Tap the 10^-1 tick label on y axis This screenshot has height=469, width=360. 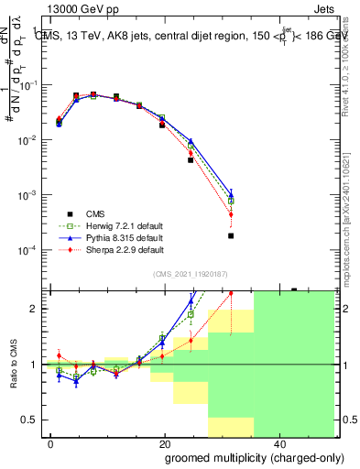[27, 85]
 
